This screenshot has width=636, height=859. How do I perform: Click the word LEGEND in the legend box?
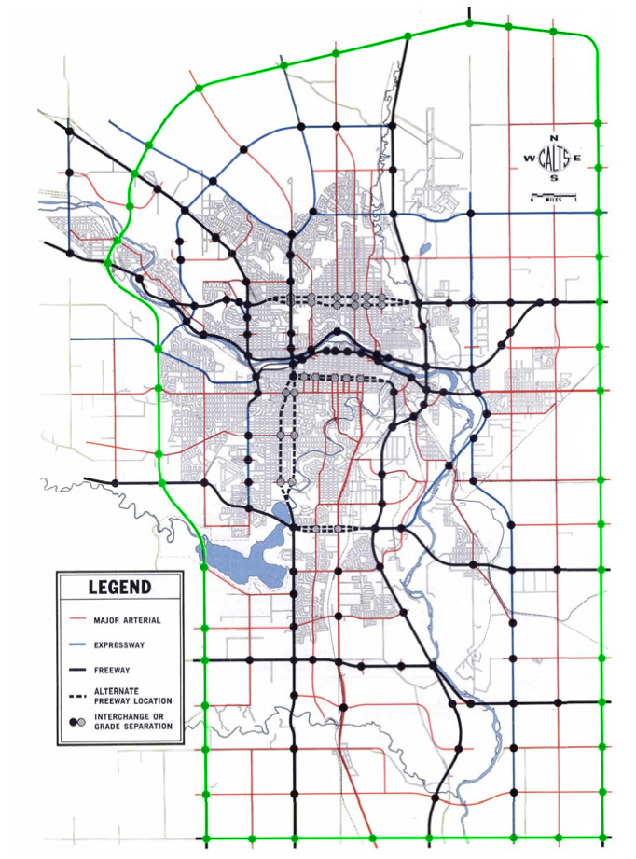point(119,587)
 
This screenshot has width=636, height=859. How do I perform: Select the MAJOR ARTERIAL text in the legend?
point(128,619)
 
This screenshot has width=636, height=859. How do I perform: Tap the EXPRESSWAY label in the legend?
point(122,644)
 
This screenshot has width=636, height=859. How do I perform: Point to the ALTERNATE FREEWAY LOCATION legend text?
point(125,695)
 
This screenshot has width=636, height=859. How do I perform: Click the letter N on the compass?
point(554,138)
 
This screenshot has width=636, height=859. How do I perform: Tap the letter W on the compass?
point(530,159)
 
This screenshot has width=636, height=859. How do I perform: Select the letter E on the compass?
point(578,159)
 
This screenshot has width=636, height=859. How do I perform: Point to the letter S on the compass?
point(554,178)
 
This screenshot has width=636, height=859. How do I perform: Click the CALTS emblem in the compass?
point(554,159)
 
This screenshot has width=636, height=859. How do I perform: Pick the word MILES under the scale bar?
point(554,201)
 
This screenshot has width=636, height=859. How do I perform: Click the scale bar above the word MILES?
point(554,194)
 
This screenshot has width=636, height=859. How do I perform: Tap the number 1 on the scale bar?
point(577,201)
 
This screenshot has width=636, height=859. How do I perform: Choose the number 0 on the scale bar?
point(532,201)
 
